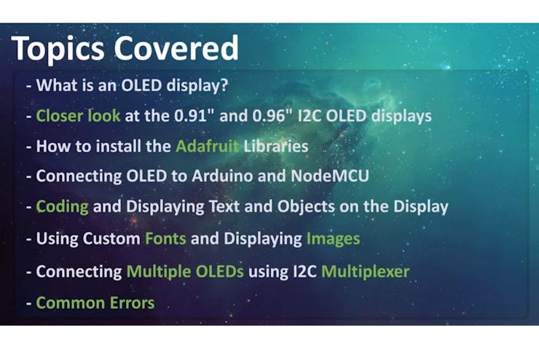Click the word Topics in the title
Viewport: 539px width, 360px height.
(x=58, y=49)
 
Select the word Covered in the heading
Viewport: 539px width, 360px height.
(x=176, y=47)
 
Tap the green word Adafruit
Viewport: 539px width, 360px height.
(x=207, y=146)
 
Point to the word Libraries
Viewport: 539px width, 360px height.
(x=275, y=146)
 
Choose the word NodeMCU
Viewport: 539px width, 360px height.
(x=330, y=176)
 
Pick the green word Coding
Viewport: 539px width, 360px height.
(x=62, y=207)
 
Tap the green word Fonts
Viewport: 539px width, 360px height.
(x=165, y=238)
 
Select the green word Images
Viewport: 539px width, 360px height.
(x=333, y=239)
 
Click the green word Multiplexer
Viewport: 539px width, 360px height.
(x=366, y=272)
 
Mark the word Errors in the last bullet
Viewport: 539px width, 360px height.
(x=132, y=303)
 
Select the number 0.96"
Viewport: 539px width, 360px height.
(x=272, y=116)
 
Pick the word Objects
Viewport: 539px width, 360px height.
(x=306, y=207)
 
